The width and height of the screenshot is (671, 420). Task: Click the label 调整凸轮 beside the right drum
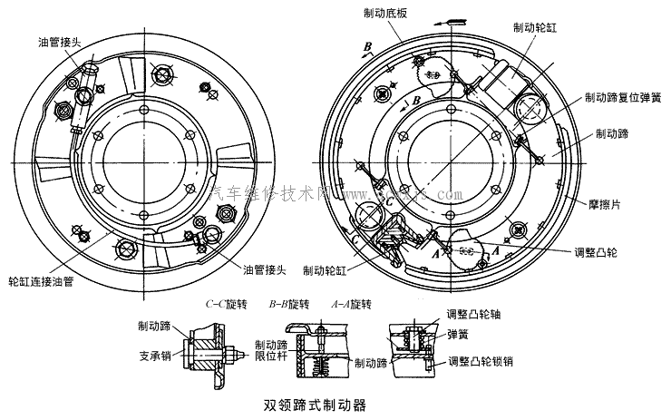[621, 252]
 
